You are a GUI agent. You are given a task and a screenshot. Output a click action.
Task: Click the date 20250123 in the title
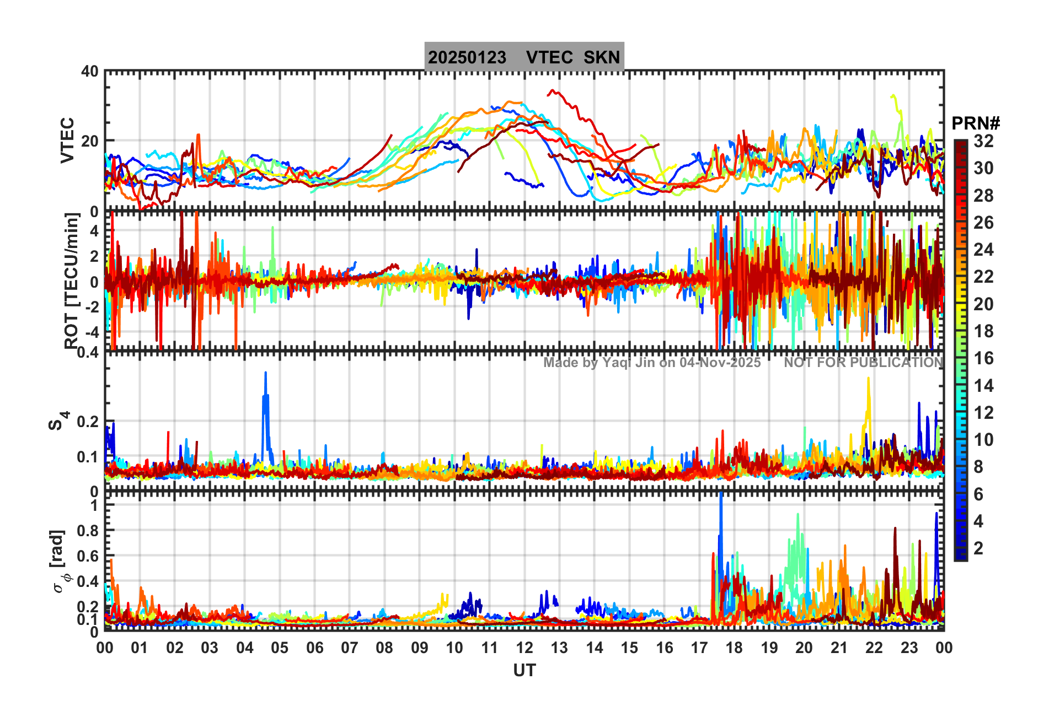click(x=467, y=57)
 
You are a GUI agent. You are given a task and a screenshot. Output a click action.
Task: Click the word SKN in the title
click(x=602, y=57)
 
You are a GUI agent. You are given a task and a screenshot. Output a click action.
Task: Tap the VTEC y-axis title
click(x=67, y=141)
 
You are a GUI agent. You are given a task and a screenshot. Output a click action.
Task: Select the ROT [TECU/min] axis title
click(x=71, y=281)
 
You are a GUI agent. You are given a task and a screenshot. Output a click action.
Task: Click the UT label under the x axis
click(x=524, y=670)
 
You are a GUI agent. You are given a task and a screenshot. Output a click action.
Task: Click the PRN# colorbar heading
click(x=976, y=123)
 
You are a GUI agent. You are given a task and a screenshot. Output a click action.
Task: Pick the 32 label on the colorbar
click(x=983, y=141)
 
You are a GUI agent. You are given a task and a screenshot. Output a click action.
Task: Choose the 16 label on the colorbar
click(x=983, y=358)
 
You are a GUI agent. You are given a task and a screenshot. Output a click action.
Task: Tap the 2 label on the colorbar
click(x=978, y=548)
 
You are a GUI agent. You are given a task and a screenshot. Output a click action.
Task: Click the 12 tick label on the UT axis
click(x=524, y=648)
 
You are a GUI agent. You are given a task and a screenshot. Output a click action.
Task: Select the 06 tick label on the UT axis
click(x=314, y=648)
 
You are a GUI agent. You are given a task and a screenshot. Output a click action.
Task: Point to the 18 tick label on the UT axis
click(x=734, y=648)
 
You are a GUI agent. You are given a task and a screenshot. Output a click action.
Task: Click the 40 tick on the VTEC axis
click(x=90, y=72)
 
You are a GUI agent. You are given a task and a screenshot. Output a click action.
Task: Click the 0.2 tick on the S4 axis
click(x=88, y=422)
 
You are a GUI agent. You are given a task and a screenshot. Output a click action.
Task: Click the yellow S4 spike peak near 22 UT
click(x=868, y=379)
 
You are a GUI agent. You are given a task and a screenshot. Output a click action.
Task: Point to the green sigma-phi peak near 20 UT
click(x=798, y=516)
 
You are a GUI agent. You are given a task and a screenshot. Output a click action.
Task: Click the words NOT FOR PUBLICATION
click(x=863, y=363)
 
